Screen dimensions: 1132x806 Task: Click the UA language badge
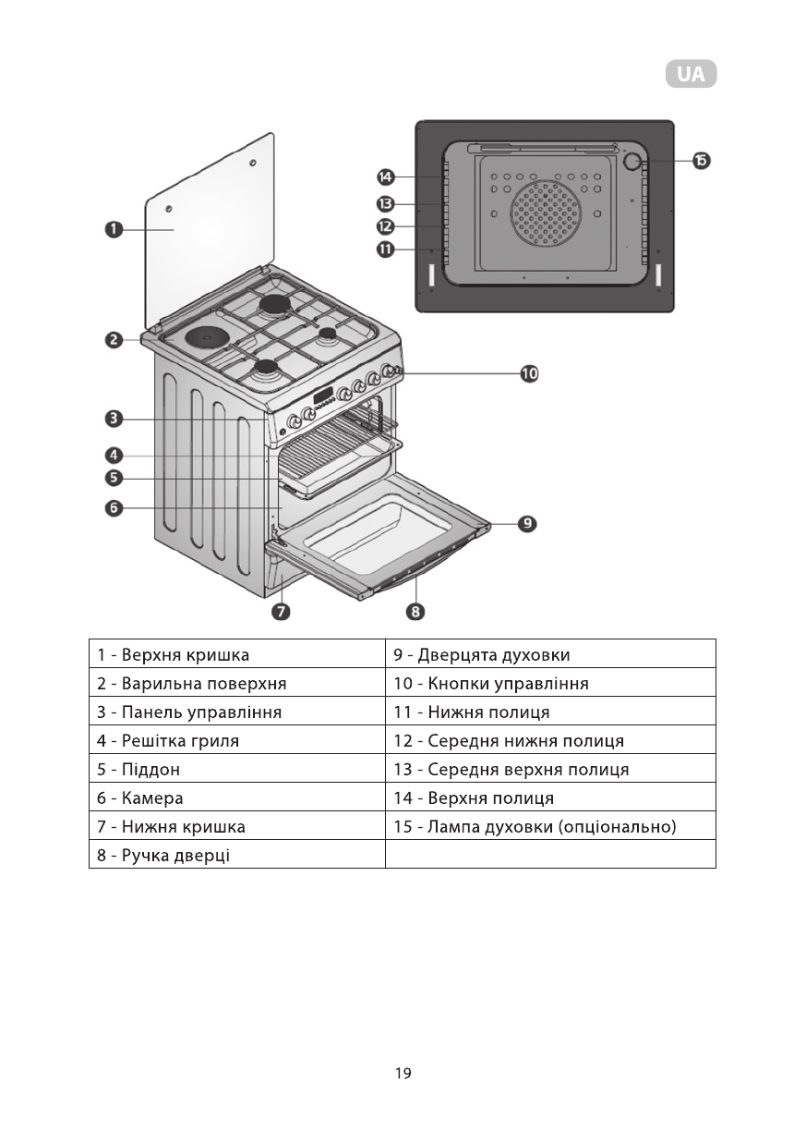click(691, 75)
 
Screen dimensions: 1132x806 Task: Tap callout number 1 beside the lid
click(114, 228)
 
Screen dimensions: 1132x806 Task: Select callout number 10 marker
click(528, 373)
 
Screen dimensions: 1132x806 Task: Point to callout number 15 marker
click(701, 161)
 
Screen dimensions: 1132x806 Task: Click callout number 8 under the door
click(416, 611)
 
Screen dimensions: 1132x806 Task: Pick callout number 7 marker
click(282, 611)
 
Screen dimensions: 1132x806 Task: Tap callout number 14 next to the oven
click(385, 176)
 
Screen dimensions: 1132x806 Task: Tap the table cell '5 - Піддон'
click(236, 769)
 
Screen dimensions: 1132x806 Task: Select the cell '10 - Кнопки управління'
click(550, 683)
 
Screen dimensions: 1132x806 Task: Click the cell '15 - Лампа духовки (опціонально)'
click(550, 826)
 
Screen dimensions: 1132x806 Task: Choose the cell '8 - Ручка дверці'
click(236, 855)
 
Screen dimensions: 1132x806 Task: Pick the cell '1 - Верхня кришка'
click(236, 654)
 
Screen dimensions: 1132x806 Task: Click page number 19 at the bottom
click(403, 1073)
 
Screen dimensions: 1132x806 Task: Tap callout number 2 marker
click(114, 340)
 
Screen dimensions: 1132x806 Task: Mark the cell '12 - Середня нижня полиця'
click(550, 740)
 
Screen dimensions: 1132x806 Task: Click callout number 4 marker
click(114, 455)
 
